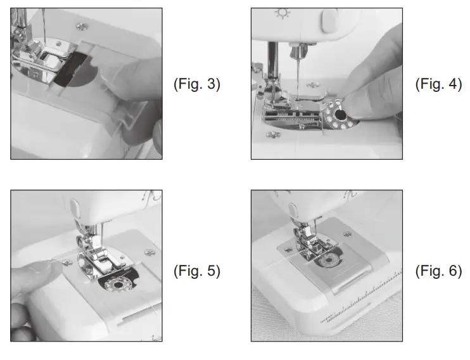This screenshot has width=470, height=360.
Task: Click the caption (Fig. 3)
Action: [196, 85]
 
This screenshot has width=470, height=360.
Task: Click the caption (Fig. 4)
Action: [438, 85]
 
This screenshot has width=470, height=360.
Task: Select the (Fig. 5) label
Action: [196, 271]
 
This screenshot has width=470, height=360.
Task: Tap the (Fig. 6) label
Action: [438, 271]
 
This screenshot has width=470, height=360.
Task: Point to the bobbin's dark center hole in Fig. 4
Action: [340, 115]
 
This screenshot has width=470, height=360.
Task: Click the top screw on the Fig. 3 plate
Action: [82, 25]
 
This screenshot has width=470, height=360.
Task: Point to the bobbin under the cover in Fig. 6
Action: [329, 262]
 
